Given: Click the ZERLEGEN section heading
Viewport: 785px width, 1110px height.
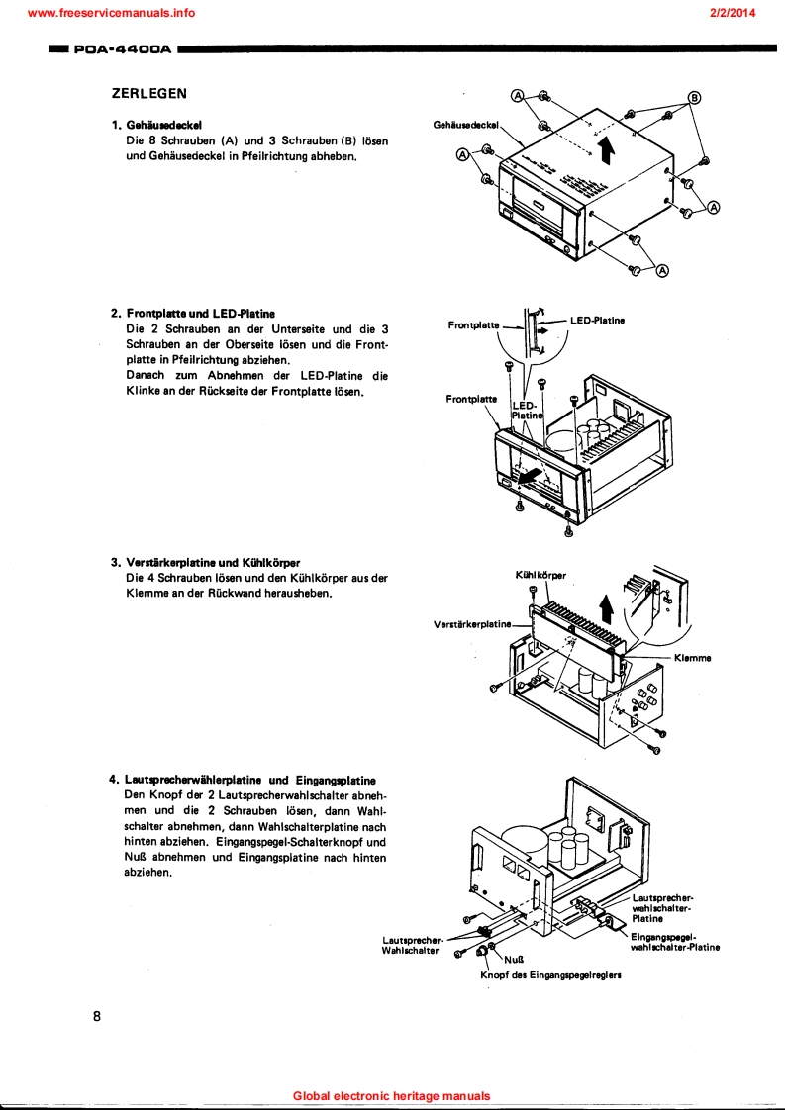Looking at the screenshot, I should [x=149, y=94].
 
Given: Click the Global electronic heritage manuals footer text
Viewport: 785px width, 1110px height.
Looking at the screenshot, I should [x=392, y=1096].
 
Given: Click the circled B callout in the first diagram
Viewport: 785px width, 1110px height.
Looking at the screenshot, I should [x=694, y=97].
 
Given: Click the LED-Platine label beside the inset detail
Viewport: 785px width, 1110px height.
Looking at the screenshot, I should [x=597, y=321].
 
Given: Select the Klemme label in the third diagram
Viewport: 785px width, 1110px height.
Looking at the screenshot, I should [x=692, y=658].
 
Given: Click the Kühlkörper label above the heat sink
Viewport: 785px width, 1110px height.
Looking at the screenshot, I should [x=540, y=575].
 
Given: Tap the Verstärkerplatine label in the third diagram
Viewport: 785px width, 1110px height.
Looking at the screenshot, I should [x=473, y=624].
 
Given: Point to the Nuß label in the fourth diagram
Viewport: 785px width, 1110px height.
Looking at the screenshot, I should [x=513, y=959].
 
